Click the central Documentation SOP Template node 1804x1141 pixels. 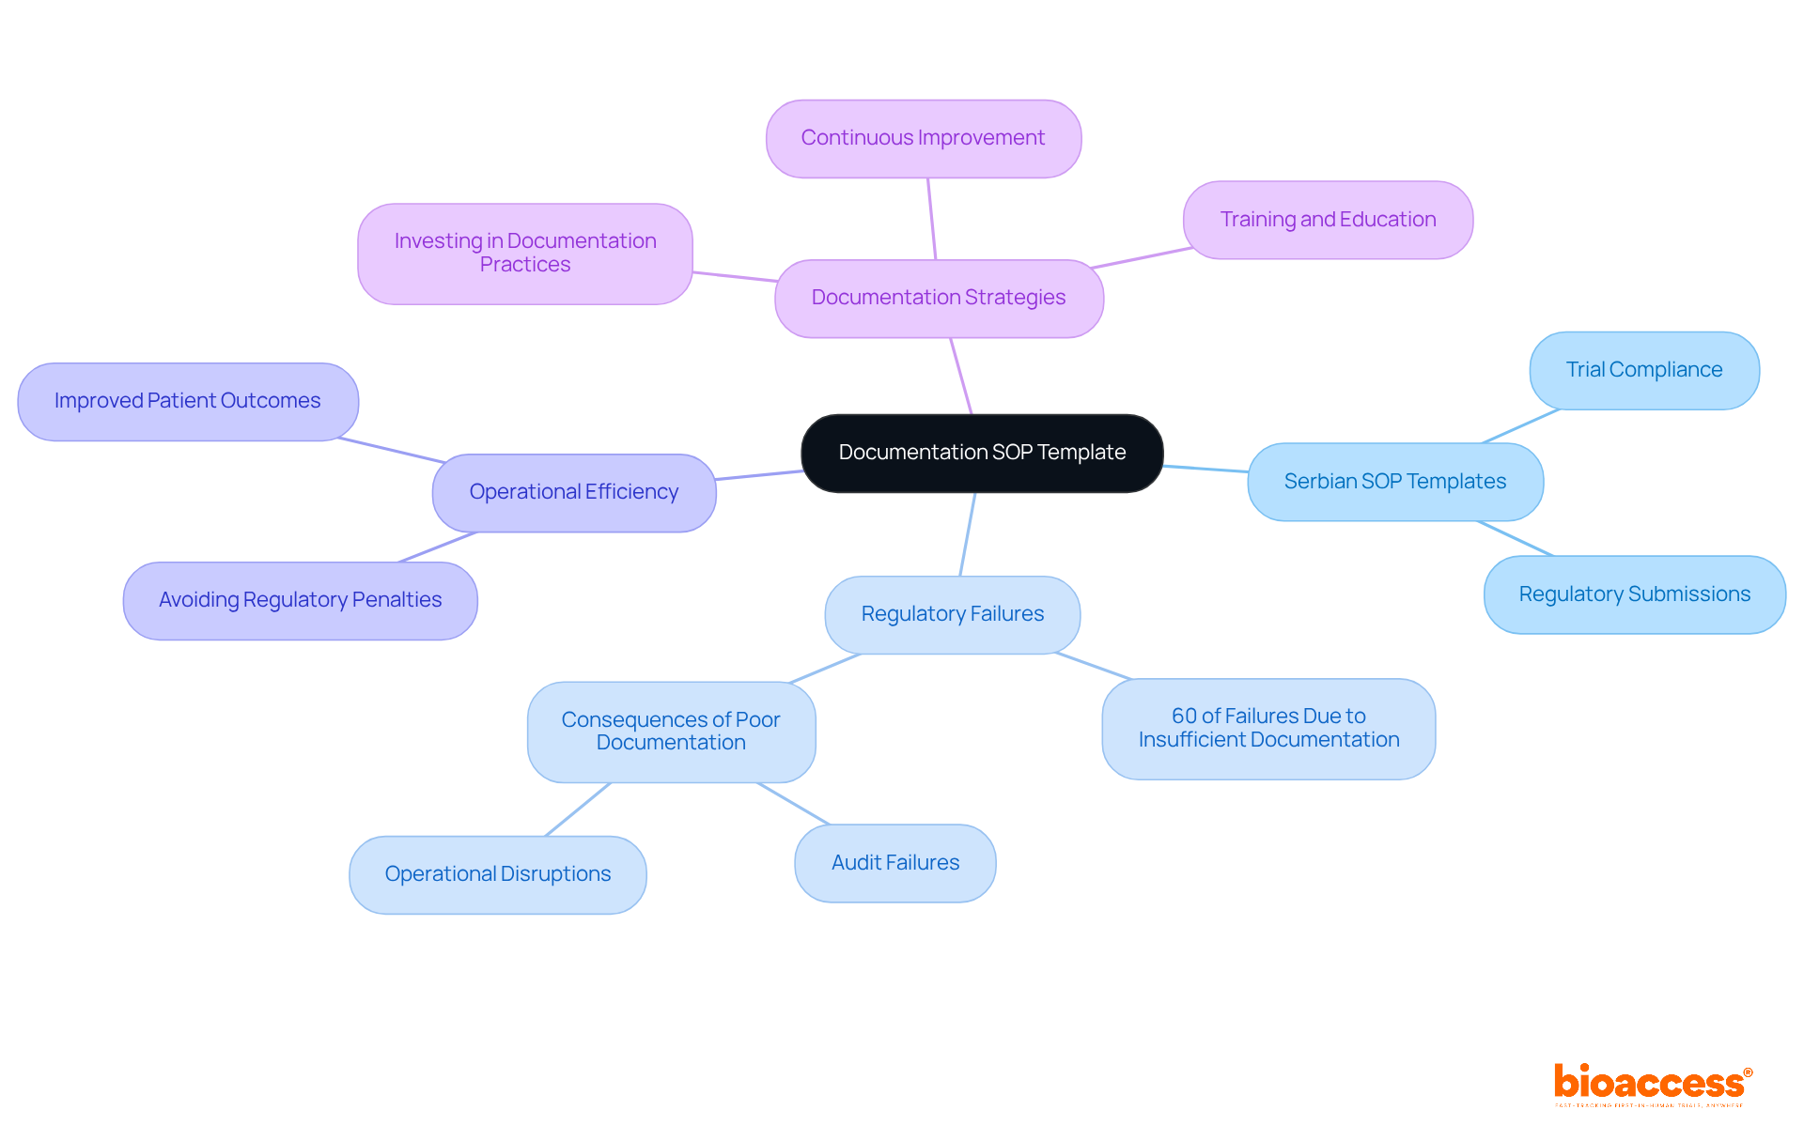pyautogui.click(x=982, y=453)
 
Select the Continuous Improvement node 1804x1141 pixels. pyautogui.click(x=923, y=138)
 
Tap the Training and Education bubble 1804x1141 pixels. pyautogui.click(x=1328, y=220)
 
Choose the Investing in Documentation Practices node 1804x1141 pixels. pyautogui.click(x=525, y=254)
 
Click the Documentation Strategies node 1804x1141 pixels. pyautogui.click(x=939, y=298)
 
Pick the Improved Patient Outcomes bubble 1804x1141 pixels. pyautogui.click(x=188, y=401)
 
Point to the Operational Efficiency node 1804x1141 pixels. pyautogui.click(x=574, y=492)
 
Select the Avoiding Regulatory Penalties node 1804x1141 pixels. pyautogui.click(x=301, y=600)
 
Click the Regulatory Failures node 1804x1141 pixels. pyautogui.click(x=953, y=614)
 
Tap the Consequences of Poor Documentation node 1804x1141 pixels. pyautogui.click(x=671, y=732)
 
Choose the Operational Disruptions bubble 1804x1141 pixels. pyautogui.click(x=498, y=874)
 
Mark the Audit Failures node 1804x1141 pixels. pyautogui.click(x=895, y=863)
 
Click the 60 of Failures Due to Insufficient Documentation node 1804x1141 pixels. pyautogui.click(x=1268, y=729)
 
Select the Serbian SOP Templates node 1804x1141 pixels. pyautogui.click(x=1395, y=482)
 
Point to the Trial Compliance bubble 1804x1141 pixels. pyautogui.click(x=1644, y=370)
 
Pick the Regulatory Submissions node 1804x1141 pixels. pyautogui.click(x=1635, y=594)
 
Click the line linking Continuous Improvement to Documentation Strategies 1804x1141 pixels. pyautogui.click(x=932, y=219)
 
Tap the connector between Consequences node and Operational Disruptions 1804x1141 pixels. pyautogui.click(x=578, y=809)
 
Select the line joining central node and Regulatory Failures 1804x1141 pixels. pyautogui.click(x=968, y=533)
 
